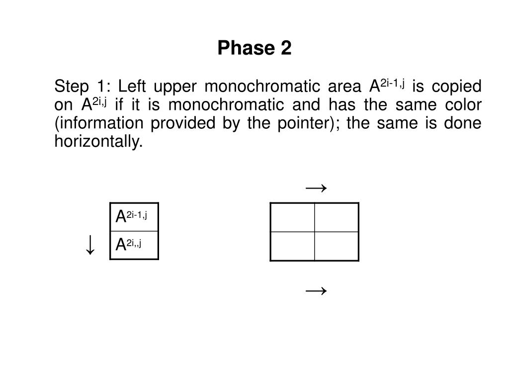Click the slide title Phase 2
(x=254, y=49)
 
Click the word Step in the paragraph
(x=68, y=87)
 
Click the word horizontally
(x=98, y=142)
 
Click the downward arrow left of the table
(x=90, y=245)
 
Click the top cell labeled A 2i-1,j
(x=134, y=217)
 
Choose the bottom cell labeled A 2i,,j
(x=134, y=245)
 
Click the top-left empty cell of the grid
(x=292, y=217)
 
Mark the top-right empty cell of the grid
(x=337, y=217)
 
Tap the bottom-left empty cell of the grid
(x=292, y=246)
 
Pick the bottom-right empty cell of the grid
(x=337, y=246)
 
